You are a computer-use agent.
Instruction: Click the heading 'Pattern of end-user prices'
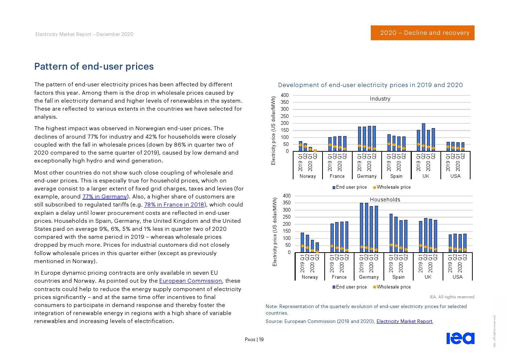pos(94,66)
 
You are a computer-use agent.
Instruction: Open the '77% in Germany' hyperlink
pos(104,197)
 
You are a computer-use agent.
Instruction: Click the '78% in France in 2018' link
pos(174,205)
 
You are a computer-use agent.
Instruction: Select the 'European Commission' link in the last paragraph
pos(190,281)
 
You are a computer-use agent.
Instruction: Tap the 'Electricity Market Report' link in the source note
pos(404,321)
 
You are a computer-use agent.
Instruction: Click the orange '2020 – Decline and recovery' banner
pos(422,33)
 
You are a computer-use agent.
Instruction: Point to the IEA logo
pos(460,338)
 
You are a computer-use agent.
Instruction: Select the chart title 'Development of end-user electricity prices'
pos(370,85)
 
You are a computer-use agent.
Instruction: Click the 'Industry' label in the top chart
pos(380,99)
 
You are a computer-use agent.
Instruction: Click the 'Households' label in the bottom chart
pos(385,200)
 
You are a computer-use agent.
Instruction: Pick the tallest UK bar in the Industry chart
pos(423,137)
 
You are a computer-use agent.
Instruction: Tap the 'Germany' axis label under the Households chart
pos(369,277)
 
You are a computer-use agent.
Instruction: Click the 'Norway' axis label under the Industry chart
pos(308,176)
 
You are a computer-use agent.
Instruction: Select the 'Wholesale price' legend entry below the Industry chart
pos(393,187)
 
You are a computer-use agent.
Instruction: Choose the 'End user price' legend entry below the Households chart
pos(351,287)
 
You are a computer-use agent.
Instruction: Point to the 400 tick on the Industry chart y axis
pos(285,95)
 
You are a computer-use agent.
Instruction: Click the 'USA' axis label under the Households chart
pos(457,277)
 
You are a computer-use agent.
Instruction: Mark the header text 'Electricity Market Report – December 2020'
pos(84,34)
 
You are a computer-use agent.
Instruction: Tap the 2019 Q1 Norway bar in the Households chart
pos(302,242)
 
